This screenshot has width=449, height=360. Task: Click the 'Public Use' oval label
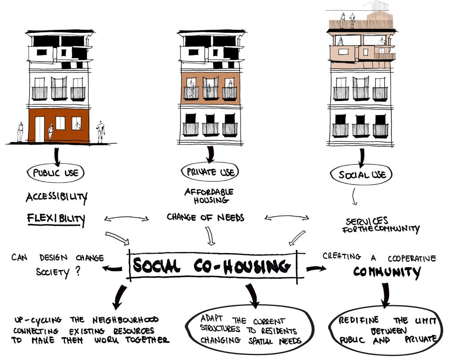[x=56, y=172]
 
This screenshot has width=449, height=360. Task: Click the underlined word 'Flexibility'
[x=56, y=218]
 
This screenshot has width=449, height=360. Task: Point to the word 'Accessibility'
[x=56, y=196]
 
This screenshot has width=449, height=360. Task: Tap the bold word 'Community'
[x=387, y=272]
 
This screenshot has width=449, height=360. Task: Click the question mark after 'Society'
[x=78, y=271]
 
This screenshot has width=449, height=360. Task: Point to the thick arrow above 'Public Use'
[x=57, y=156]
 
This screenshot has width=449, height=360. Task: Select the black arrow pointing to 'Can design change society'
[x=112, y=268]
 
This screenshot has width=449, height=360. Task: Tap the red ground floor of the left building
[x=59, y=126]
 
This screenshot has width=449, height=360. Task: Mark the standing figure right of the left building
[x=100, y=132]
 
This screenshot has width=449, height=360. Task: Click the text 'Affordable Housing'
[x=209, y=196]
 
